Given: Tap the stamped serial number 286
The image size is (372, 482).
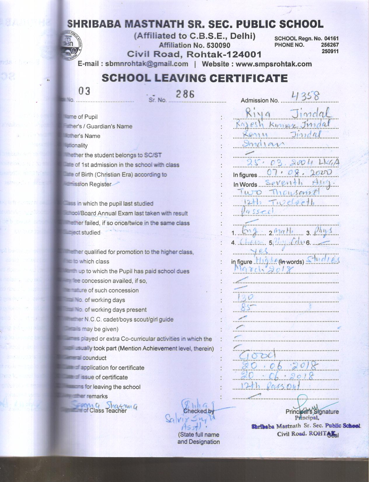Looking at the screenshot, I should (185, 94).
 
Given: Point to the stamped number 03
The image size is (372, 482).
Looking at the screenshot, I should (84, 91).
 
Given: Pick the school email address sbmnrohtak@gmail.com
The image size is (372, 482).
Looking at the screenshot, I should (146, 64).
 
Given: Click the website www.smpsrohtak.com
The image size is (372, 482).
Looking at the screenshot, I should (273, 64).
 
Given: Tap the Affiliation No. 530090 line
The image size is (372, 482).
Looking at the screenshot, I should (194, 45).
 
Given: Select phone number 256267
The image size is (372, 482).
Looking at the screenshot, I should (330, 45).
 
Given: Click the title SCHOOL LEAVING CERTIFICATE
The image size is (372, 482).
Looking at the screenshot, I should (194, 78).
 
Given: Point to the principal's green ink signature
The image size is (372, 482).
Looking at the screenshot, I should (306, 405).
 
